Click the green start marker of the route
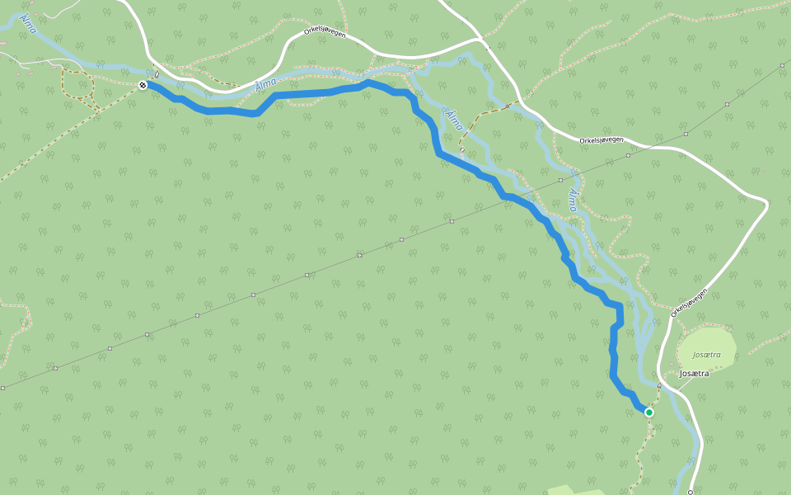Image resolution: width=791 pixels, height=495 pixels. click(x=649, y=412)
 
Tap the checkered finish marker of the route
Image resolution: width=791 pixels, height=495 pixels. click(x=143, y=85)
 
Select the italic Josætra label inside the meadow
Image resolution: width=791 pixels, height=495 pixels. click(x=707, y=355)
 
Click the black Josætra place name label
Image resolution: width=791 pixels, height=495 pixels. click(x=693, y=374)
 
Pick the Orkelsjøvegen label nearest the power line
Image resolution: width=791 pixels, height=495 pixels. click(x=601, y=140)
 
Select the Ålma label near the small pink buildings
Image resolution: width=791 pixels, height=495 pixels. click(x=26, y=22)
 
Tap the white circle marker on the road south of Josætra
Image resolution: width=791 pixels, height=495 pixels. click(x=690, y=492)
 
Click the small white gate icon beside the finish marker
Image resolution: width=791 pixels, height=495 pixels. click(x=157, y=79)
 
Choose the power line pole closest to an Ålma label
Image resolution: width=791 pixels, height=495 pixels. click(x=560, y=179)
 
